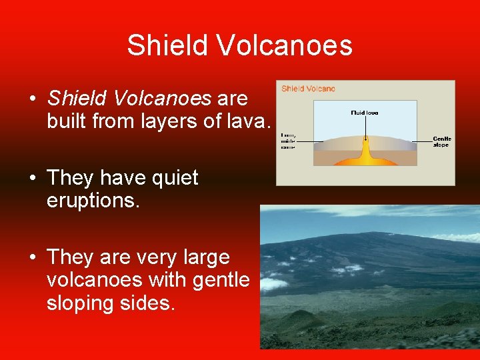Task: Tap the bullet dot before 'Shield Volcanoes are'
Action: pyautogui.click(x=32, y=99)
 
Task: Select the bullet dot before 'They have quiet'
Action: pyautogui.click(x=32, y=178)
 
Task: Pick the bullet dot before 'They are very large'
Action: pyautogui.click(x=32, y=257)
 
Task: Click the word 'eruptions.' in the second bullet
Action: pyautogui.click(x=93, y=201)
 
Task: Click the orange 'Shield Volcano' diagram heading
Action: pyautogui.click(x=308, y=89)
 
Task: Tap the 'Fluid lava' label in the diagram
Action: pyautogui.click(x=364, y=113)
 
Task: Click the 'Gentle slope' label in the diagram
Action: pyautogui.click(x=442, y=142)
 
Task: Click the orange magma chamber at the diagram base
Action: pyautogui.click(x=365, y=159)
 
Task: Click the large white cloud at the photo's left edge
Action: pyautogui.click(x=273, y=283)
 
